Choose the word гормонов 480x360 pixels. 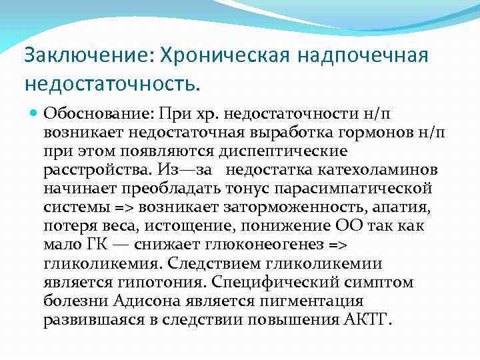(378, 133)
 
